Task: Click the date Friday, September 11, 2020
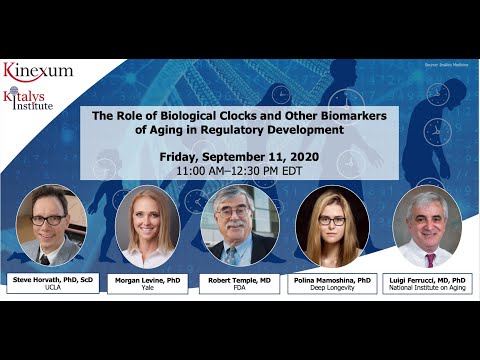point(239,158)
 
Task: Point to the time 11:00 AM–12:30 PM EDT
point(239,171)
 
